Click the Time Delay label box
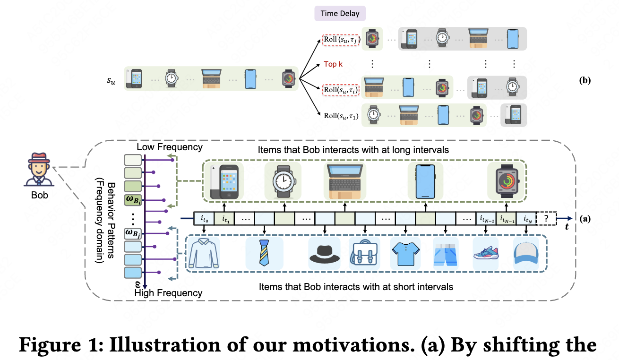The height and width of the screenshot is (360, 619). pyautogui.click(x=340, y=13)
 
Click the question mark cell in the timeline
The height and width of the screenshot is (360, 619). pyautogui.click(x=547, y=218)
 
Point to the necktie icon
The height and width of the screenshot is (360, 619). pyautogui.click(x=264, y=254)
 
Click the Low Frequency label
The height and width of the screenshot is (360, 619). pyautogui.click(x=169, y=147)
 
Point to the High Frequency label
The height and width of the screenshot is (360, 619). pyautogui.click(x=168, y=293)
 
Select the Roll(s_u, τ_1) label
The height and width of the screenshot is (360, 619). pyautogui.click(x=341, y=115)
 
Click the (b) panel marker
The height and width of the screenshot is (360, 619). pyautogui.click(x=585, y=80)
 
